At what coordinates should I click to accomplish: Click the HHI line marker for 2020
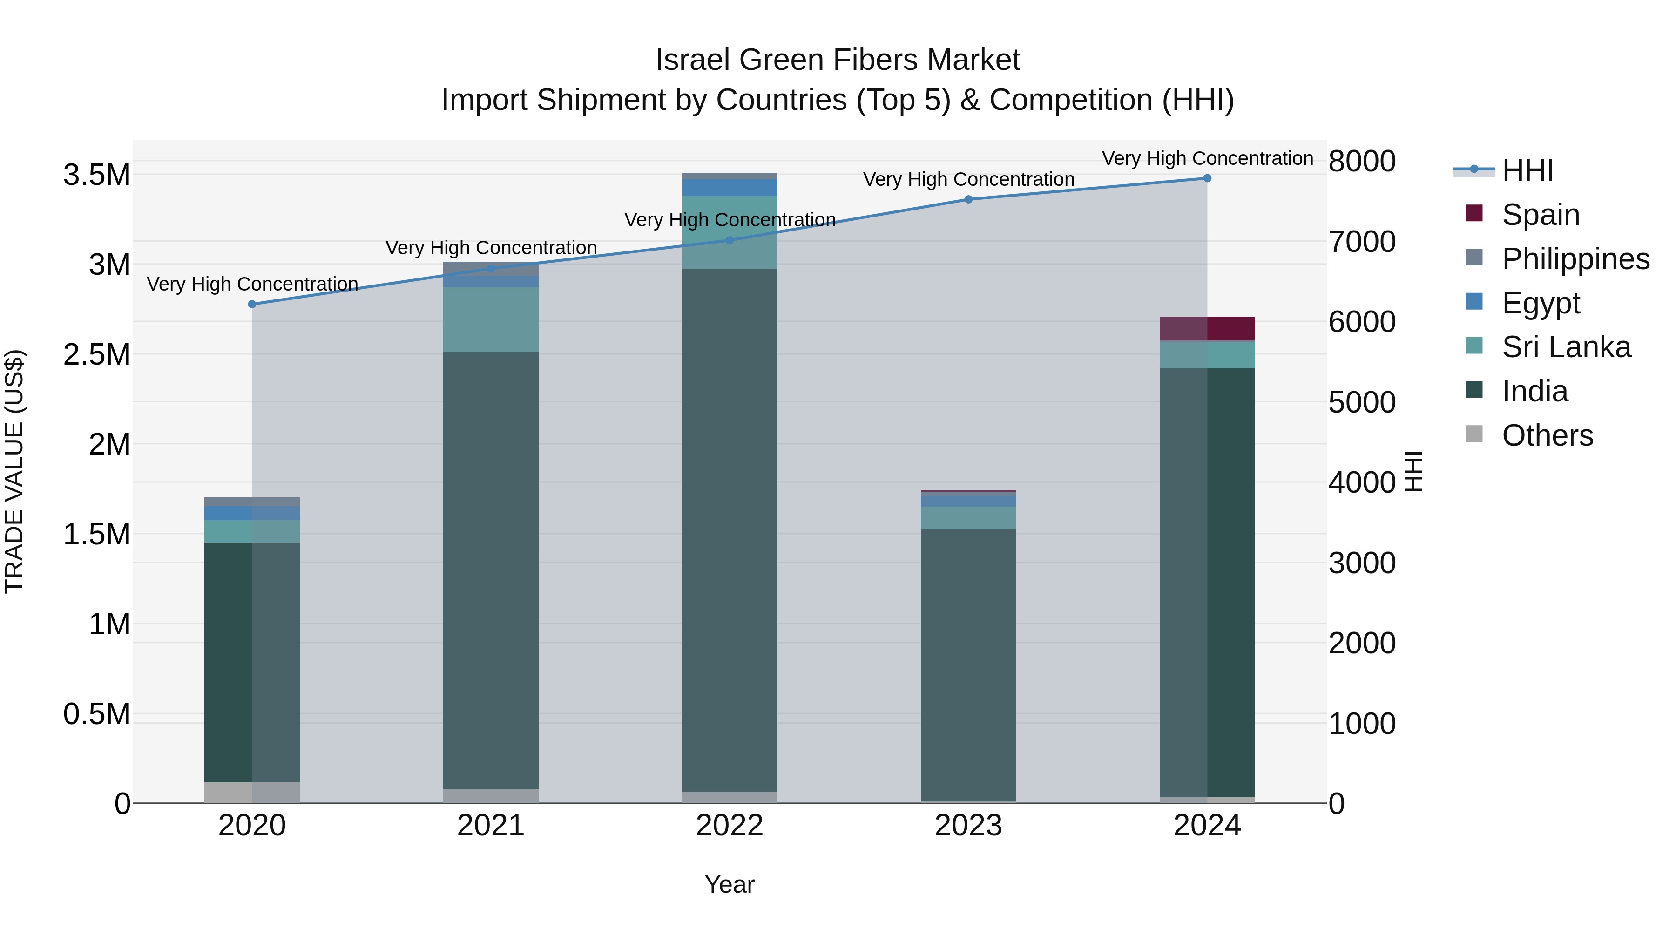tap(252, 304)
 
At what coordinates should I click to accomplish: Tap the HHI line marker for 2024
tap(1207, 178)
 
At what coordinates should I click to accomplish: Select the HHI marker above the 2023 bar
tap(968, 199)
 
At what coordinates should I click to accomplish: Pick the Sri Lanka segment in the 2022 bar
tap(730, 232)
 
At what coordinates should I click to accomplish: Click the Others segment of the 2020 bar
tap(252, 792)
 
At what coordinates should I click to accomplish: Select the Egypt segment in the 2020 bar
tap(252, 513)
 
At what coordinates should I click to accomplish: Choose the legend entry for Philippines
tap(1575, 259)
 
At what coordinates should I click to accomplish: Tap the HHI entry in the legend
tap(1527, 170)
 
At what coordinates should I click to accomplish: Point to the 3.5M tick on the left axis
tap(96, 175)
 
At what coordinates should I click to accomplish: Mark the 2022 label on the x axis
tap(730, 826)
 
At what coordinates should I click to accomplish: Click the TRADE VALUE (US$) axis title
tap(14, 471)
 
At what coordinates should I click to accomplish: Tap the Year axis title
tap(730, 884)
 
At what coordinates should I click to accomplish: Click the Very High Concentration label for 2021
tap(491, 248)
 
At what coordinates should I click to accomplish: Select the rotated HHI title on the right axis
tap(1413, 471)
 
